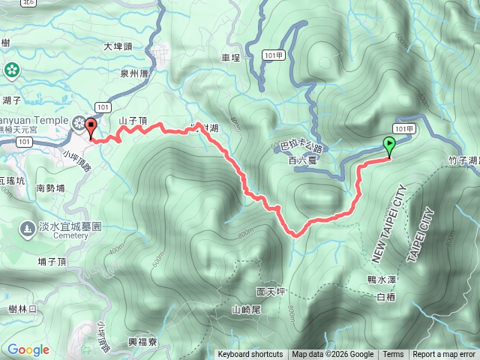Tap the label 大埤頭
[118, 46]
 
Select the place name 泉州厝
[135, 73]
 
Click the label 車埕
[230, 57]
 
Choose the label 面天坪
[270, 291]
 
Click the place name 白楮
[385, 298]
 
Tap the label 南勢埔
[50, 189]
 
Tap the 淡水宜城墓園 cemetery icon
[27, 227]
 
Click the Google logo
[28, 349]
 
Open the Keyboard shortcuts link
[250, 355]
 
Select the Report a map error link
[444, 355]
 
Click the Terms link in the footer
[393, 355]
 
